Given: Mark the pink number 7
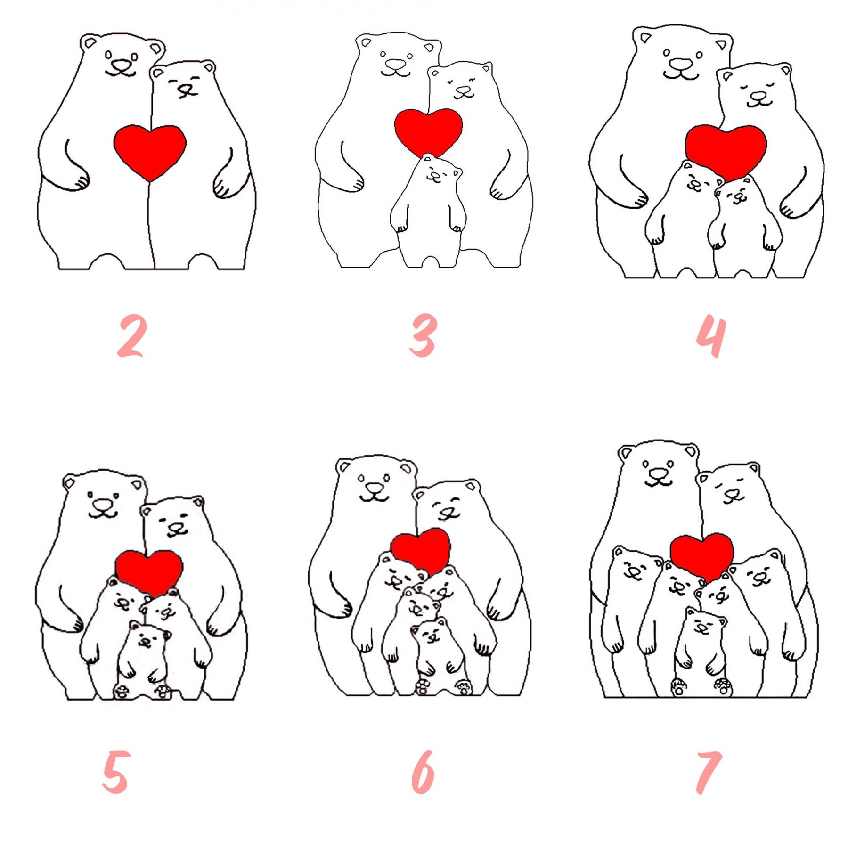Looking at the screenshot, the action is tap(709, 773).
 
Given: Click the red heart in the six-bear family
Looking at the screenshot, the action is tap(421, 550).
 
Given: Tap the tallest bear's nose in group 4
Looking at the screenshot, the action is tap(681, 64).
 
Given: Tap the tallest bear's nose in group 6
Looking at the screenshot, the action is tap(375, 487).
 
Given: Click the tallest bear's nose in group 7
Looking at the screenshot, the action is tap(658, 473).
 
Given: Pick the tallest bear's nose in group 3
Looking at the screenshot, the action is tap(395, 64).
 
